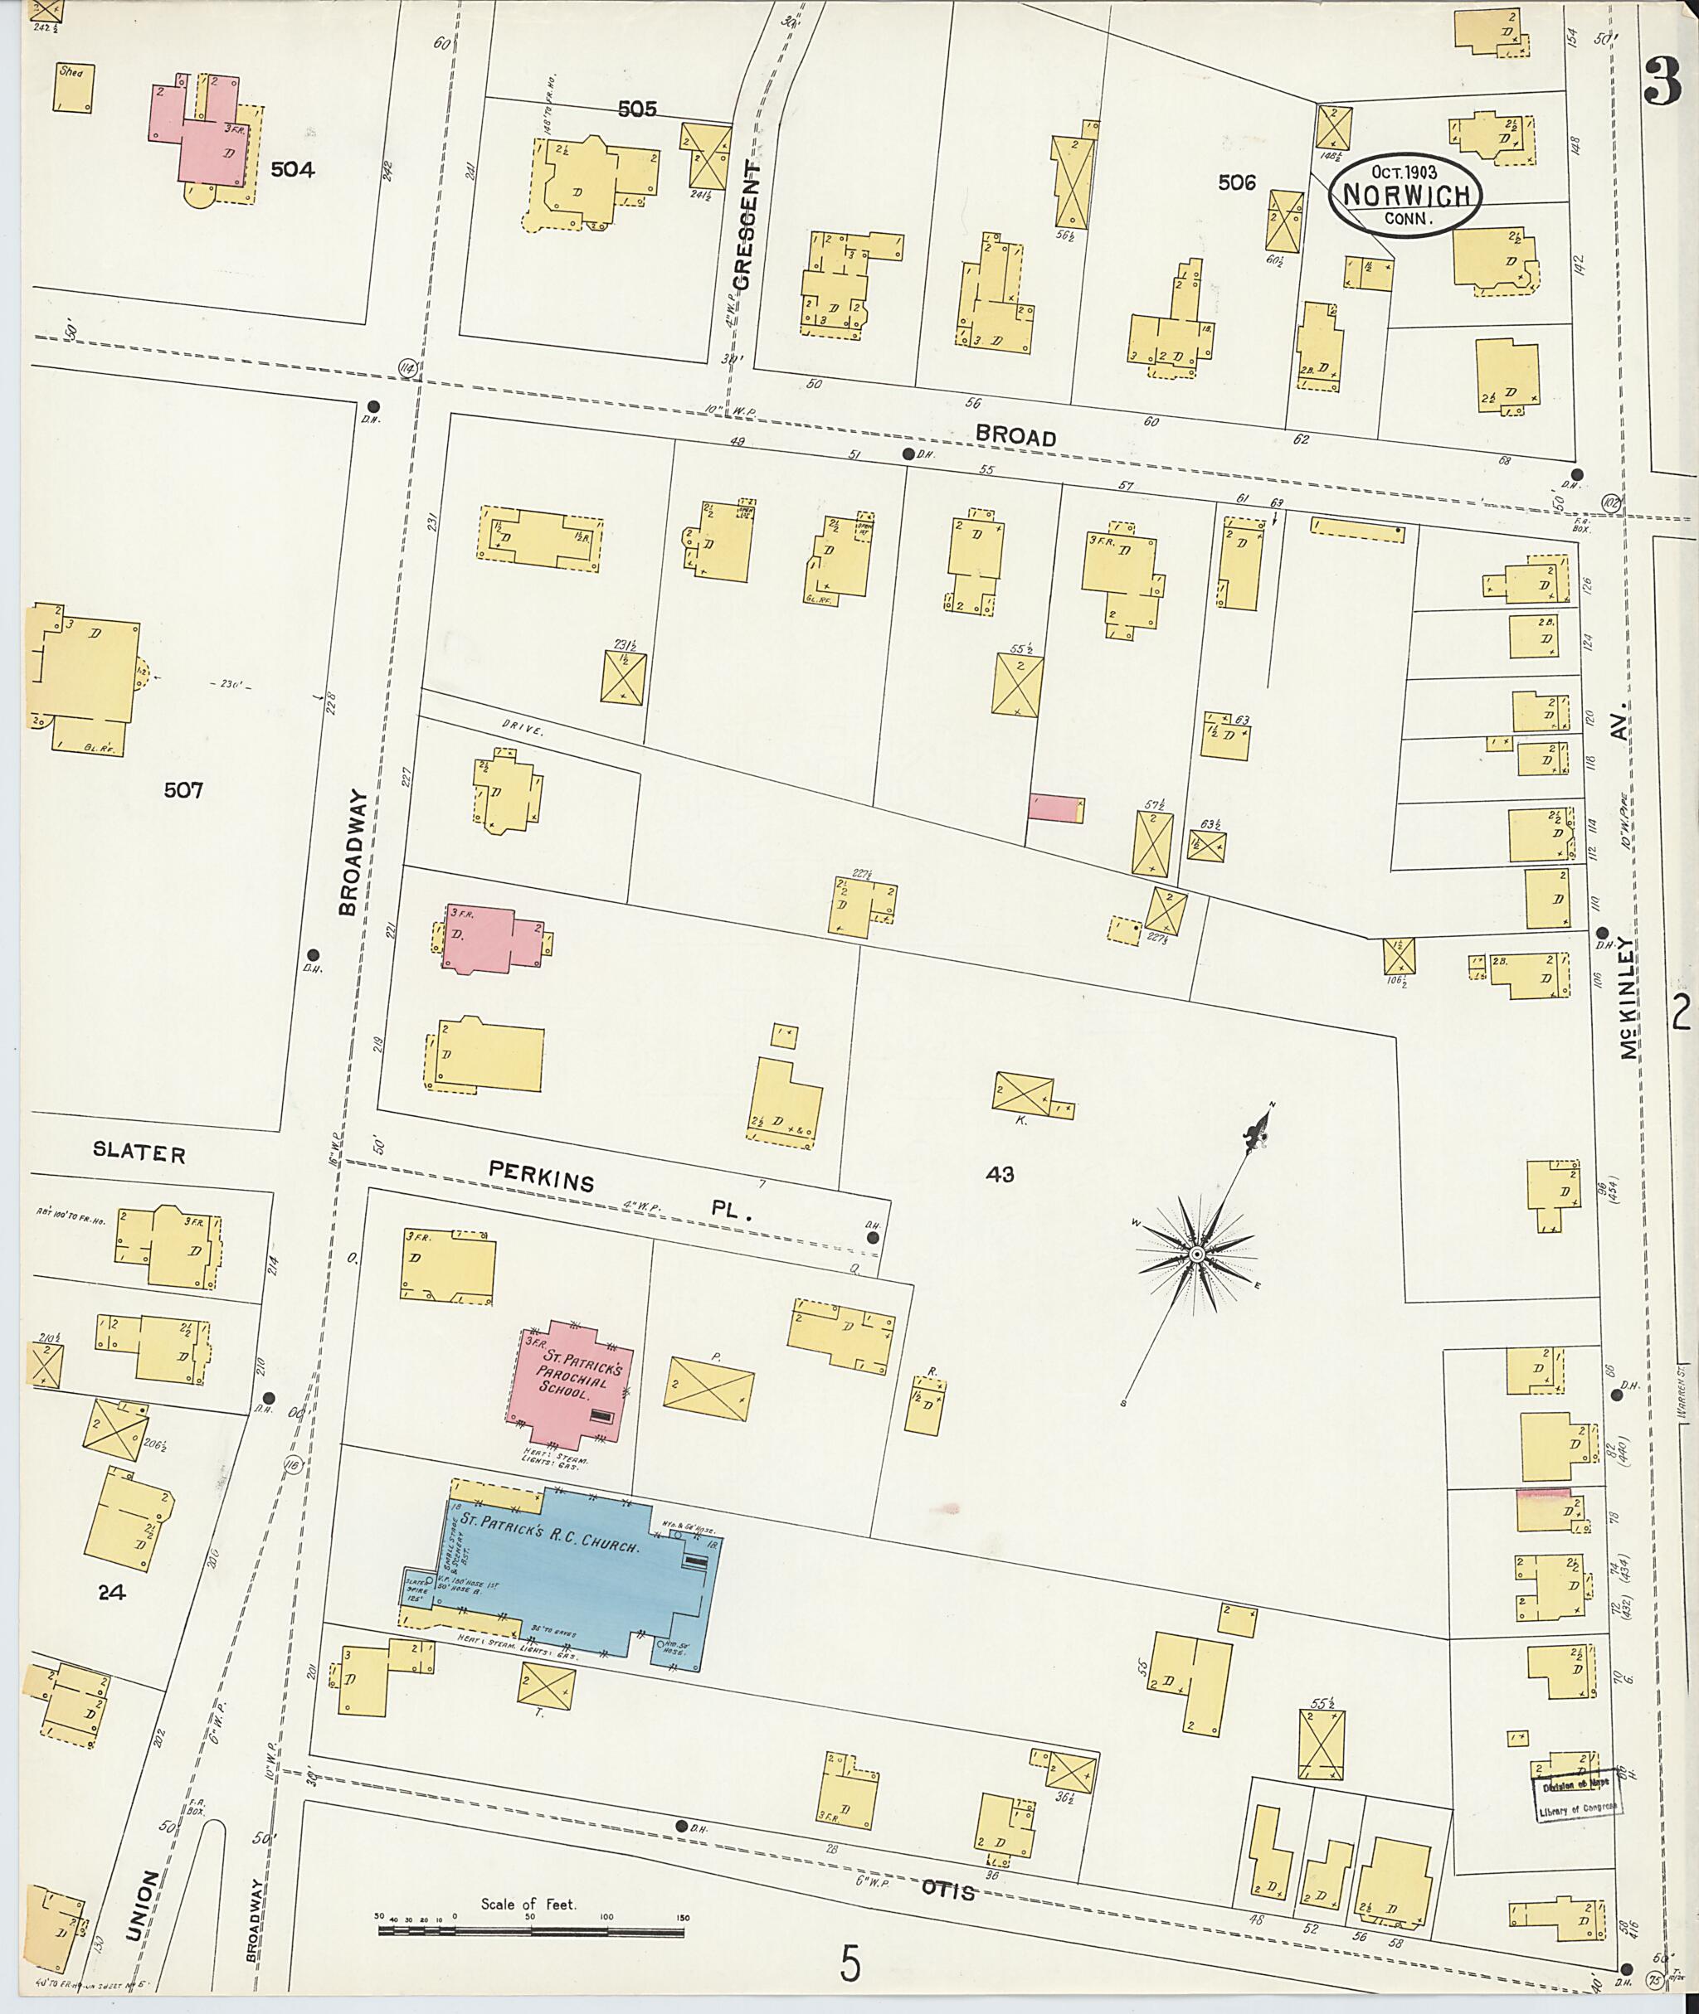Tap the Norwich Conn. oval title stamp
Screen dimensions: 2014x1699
pyautogui.click(x=1404, y=195)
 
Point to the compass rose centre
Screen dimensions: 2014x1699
pyautogui.click(x=1196, y=1254)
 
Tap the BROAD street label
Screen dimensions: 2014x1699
pyautogui.click(x=1015, y=437)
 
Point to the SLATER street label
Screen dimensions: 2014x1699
pyautogui.click(x=139, y=1153)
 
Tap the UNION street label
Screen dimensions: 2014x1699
pyautogui.click(x=143, y=1905)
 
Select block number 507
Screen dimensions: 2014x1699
pyautogui.click(x=183, y=790)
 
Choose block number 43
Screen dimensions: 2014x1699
pyautogui.click(x=999, y=1173)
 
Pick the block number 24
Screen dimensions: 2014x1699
pyautogui.click(x=112, y=1592)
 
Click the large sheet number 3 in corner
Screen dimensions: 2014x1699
pyautogui.click(x=1662, y=83)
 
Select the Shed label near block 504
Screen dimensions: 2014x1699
pyautogui.click(x=71, y=71)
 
